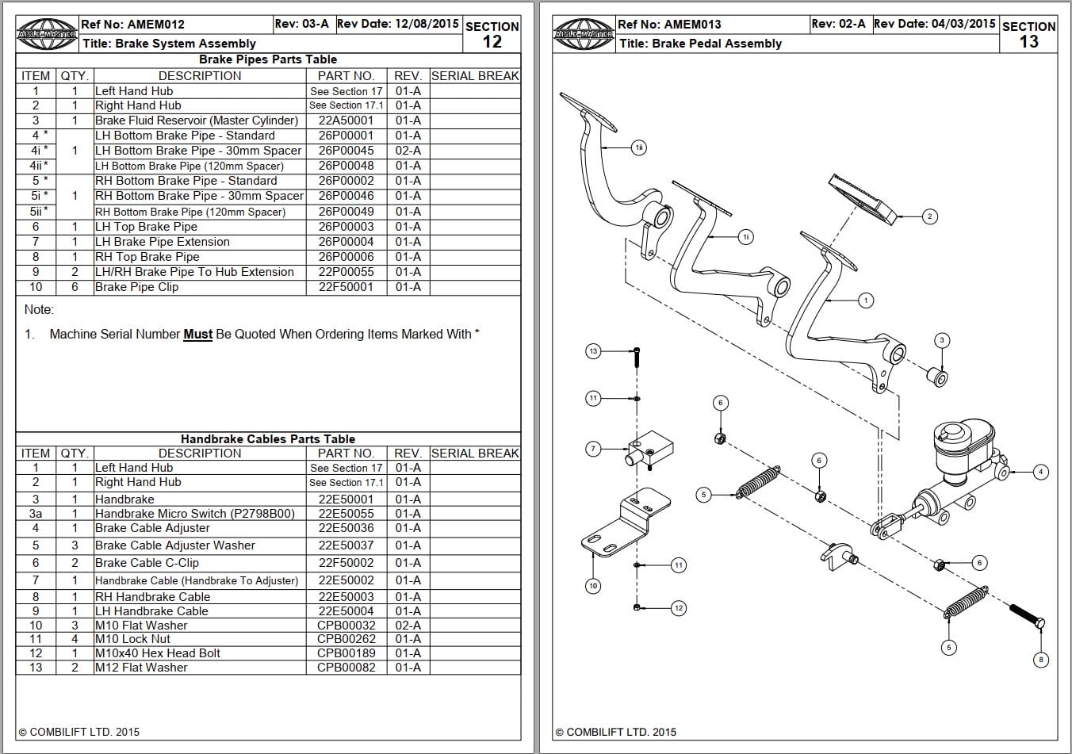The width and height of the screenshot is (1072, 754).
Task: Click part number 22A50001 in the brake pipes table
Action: pyautogui.click(x=346, y=121)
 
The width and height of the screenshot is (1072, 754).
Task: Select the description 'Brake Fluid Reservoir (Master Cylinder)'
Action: pyautogui.click(x=197, y=121)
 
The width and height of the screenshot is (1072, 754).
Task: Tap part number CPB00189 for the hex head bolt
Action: pyautogui.click(x=346, y=653)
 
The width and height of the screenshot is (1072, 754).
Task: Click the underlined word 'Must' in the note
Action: pyautogui.click(x=197, y=335)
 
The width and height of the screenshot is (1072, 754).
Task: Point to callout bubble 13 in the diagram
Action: pyautogui.click(x=593, y=350)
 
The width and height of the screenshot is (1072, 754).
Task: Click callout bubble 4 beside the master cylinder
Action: pyautogui.click(x=1041, y=472)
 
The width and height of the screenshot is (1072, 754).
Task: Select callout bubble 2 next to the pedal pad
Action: pyautogui.click(x=930, y=216)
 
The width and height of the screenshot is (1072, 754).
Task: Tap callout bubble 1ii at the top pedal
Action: pyautogui.click(x=639, y=147)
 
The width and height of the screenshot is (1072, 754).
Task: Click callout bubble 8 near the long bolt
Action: pyautogui.click(x=1041, y=659)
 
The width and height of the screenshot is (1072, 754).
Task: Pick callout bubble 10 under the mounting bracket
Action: pyautogui.click(x=593, y=586)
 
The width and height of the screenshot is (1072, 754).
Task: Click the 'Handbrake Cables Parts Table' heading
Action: pyautogui.click(x=268, y=438)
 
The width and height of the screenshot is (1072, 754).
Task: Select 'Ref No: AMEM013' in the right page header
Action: pyautogui.click(x=669, y=25)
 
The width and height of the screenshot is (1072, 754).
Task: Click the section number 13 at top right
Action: pyautogui.click(x=1028, y=42)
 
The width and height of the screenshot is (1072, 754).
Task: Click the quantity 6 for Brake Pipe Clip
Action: pyautogui.click(x=75, y=287)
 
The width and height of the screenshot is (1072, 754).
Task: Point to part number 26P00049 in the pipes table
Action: pyautogui.click(x=346, y=212)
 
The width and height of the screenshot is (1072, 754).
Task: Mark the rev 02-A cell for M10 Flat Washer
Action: pyautogui.click(x=408, y=626)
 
